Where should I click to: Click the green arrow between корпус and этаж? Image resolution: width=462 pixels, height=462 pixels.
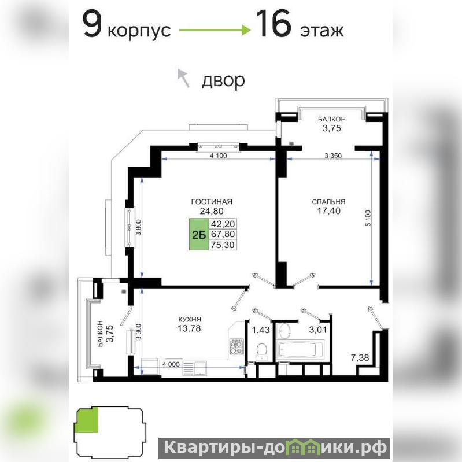(215, 29)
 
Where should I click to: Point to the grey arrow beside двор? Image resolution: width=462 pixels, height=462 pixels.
(183, 78)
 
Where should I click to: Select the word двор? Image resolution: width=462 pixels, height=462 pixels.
(223, 80)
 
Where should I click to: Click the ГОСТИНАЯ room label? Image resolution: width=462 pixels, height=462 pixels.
(212, 202)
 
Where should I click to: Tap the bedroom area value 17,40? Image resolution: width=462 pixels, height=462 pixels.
(328, 210)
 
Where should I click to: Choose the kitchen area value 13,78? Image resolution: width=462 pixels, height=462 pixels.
(190, 328)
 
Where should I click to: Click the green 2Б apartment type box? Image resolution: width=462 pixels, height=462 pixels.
(199, 235)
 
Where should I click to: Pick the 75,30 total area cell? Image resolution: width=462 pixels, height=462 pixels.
(223, 245)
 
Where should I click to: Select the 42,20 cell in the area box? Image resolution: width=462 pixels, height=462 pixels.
(223, 224)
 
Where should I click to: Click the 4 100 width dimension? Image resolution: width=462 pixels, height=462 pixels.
(219, 156)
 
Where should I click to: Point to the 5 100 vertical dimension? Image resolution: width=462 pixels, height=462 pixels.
(368, 218)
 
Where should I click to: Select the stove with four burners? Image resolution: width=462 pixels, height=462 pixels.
(237, 347)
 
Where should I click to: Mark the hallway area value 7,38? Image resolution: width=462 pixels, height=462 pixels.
(360, 358)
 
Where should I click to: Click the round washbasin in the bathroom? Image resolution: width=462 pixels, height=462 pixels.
(284, 331)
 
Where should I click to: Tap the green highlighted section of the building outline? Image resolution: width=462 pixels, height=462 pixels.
(87, 420)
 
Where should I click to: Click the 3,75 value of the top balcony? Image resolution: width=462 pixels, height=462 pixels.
(332, 128)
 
